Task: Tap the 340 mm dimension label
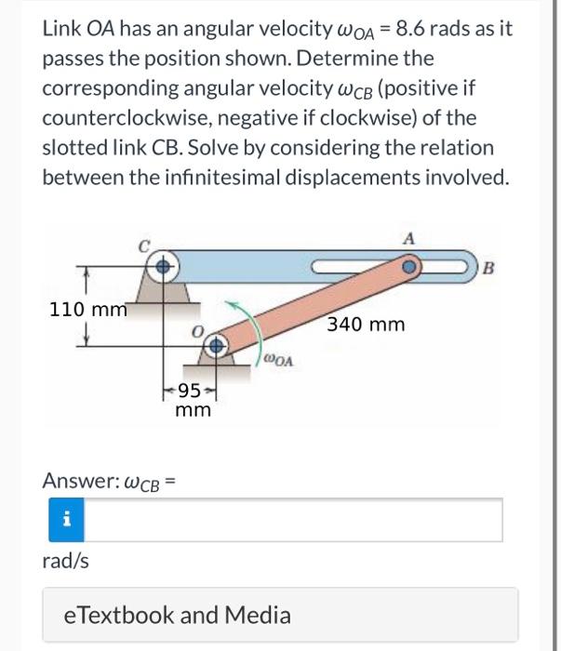click(x=366, y=325)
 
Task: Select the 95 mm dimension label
click(x=194, y=399)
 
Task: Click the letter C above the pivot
click(x=144, y=247)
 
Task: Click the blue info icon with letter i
click(x=66, y=520)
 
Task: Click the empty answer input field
click(x=295, y=520)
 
